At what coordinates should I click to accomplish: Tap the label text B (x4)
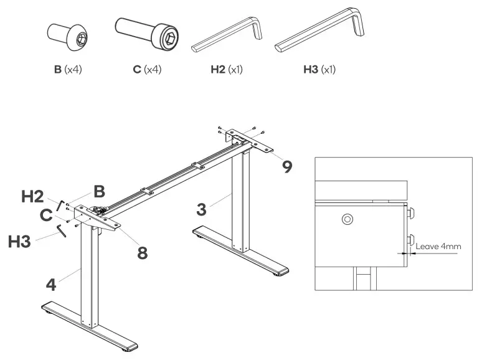click(68, 69)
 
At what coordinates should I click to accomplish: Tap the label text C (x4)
click(147, 69)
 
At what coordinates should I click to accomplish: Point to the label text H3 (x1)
click(319, 69)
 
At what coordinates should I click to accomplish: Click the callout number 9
click(287, 166)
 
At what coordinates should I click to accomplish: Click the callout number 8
click(143, 252)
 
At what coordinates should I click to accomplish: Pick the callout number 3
click(201, 209)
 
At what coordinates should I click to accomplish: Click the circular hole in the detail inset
click(347, 219)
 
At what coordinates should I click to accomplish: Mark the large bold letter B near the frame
click(99, 191)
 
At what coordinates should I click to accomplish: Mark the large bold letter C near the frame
click(46, 216)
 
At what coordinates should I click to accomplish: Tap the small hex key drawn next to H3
click(60, 230)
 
